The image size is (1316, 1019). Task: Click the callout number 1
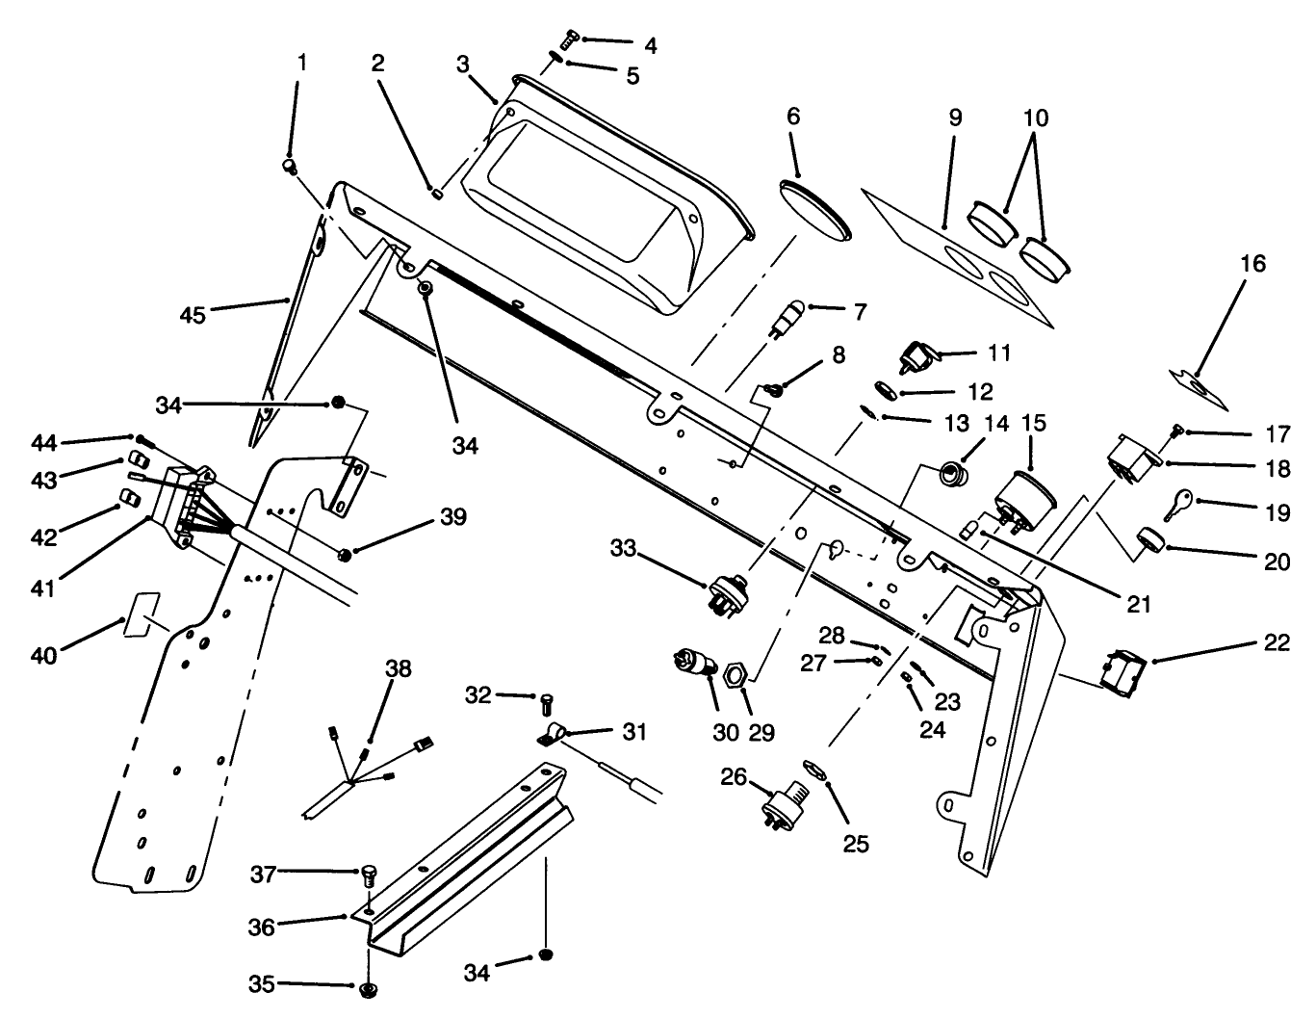[302, 64]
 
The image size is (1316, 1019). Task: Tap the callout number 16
[1252, 264]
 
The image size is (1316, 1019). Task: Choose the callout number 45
[193, 314]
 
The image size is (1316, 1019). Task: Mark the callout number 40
[42, 655]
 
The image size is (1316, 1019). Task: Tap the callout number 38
[399, 667]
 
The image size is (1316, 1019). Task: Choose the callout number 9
[954, 118]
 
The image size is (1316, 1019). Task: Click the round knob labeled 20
[1149, 541]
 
